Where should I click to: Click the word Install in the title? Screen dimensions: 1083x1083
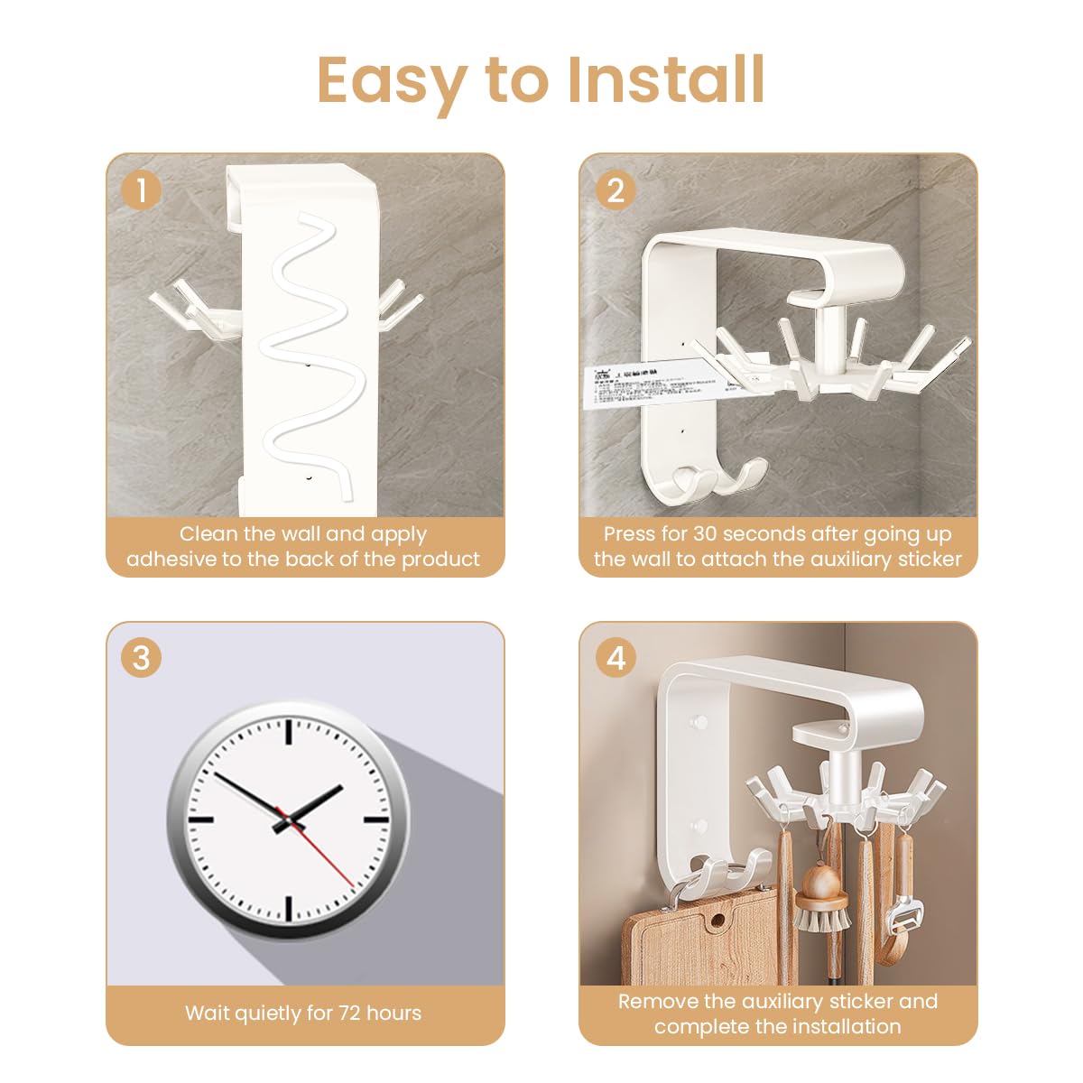(667, 79)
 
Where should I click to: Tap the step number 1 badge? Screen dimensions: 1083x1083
(142, 190)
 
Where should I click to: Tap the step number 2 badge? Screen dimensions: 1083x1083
(616, 190)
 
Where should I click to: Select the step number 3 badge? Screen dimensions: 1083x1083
(142, 657)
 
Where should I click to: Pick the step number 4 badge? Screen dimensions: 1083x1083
(616, 657)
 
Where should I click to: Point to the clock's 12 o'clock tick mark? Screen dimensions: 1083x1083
(289, 731)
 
